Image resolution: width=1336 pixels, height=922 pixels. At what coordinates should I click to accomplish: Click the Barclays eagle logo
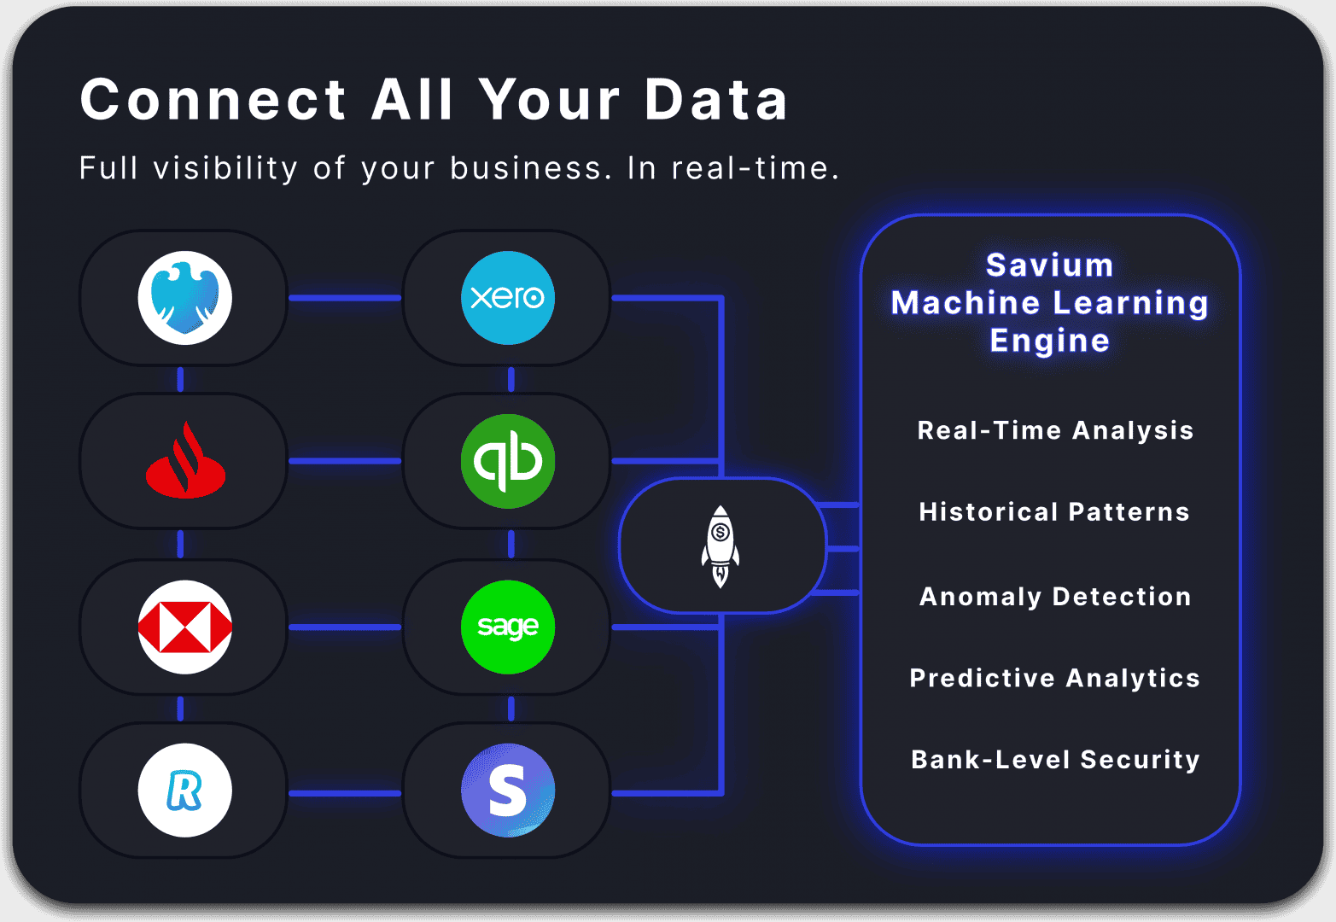[185, 298]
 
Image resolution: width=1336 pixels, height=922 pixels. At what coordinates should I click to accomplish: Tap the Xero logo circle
[508, 298]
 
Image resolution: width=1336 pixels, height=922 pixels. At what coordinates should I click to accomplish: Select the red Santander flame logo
[185, 460]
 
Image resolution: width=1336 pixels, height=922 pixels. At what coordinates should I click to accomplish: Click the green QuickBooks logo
[508, 461]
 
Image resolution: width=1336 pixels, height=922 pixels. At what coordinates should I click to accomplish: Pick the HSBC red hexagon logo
[185, 627]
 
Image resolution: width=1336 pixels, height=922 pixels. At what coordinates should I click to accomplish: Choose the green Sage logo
[508, 627]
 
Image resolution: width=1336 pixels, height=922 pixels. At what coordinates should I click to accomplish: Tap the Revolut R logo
[185, 791]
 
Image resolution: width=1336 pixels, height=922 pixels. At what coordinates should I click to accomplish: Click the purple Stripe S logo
[508, 791]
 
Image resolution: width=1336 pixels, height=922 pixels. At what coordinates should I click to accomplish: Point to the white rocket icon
[721, 546]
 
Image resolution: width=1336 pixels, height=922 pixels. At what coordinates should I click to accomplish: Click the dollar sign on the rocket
[721, 531]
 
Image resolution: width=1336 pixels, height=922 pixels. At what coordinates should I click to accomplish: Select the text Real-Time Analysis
[1055, 430]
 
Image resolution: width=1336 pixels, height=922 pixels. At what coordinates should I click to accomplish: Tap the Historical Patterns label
[1054, 511]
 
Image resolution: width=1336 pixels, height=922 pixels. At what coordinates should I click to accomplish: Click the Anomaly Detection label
[1055, 597]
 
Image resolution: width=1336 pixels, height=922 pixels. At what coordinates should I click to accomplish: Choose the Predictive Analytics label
[1054, 678]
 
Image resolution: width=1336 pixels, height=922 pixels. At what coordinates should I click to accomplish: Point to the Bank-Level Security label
[1055, 760]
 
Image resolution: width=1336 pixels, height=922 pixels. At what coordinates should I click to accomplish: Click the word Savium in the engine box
[1050, 265]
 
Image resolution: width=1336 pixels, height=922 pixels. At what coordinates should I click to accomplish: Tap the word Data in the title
[716, 100]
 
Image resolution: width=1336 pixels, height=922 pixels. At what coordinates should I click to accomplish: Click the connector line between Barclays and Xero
[345, 298]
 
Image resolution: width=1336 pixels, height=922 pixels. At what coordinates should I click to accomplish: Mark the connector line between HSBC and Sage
[345, 627]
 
